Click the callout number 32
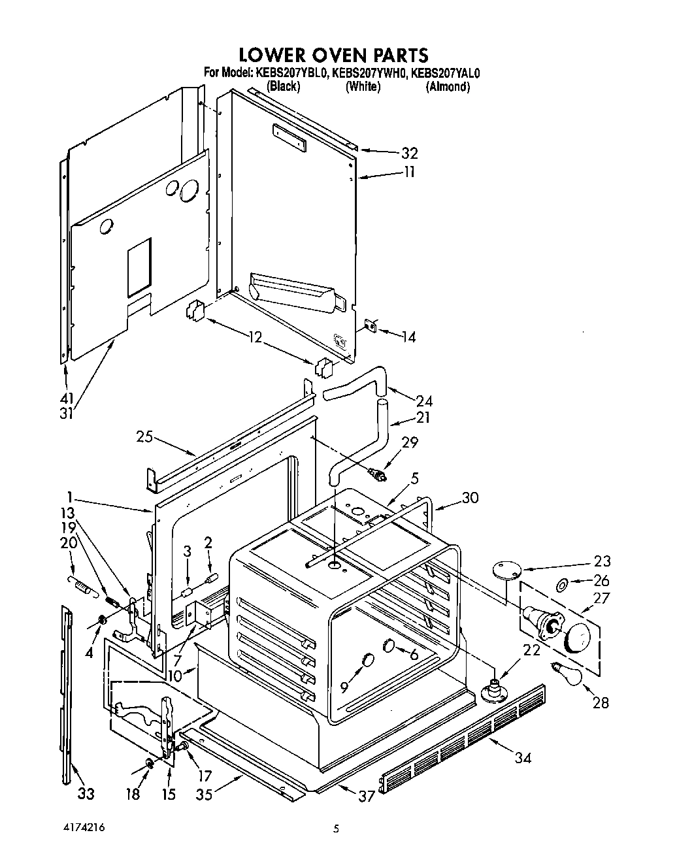(x=410, y=154)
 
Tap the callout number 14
(x=408, y=337)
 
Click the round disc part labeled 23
(x=505, y=569)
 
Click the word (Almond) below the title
(x=448, y=86)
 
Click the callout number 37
(x=367, y=795)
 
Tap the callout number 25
(x=145, y=436)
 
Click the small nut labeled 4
(x=103, y=619)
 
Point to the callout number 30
(x=470, y=497)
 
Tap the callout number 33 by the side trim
(x=86, y=793)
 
